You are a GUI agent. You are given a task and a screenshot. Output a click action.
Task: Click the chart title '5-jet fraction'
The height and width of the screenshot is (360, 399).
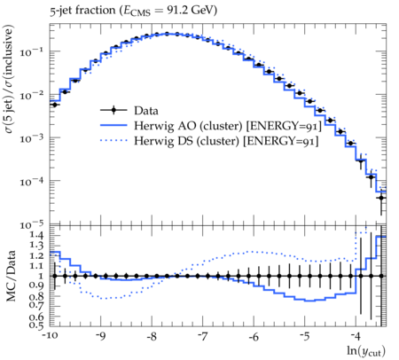pyautogui.click(x=82, y=11)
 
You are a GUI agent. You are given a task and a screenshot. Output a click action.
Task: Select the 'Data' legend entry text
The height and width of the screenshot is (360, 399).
pyautogui.click(x=146, y=111)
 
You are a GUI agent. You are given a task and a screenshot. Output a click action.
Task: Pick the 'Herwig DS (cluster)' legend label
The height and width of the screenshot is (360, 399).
pyautogui.click(x=186, y=141)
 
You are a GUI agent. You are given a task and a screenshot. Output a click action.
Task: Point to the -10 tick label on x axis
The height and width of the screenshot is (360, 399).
pyautogui.click(x=50, y=337)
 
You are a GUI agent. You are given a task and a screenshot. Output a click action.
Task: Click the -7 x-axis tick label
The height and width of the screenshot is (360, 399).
pyautogui.click(x=203, y=337)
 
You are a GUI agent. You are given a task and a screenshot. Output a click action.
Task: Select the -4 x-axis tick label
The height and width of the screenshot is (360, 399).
pyautogui.click(x=356, y=337)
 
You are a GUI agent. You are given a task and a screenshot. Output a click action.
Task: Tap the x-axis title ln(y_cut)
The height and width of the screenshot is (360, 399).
pyautogui.click(x=366, y=351)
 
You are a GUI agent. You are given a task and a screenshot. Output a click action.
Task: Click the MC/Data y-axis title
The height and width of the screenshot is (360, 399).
pyautogui.click(x=11, y=276)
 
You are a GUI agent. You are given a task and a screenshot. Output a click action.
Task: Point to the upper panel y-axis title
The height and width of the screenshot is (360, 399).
pyautogui.click(x=9, y=79)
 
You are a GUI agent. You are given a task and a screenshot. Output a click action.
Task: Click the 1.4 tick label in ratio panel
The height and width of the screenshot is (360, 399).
pyautogui.click(x=36, y=236)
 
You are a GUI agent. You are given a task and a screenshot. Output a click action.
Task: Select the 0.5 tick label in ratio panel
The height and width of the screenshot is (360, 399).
pyautogui.click(x=36, y=325)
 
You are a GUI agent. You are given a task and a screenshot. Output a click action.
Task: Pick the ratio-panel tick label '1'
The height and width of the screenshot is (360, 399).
pyautogui.click(x=40, y=276)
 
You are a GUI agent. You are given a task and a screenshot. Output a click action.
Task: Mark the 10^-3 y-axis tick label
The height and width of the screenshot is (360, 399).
pyautogui.click(x=32, y=137)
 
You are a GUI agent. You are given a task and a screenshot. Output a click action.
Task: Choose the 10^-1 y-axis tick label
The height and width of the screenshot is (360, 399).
pyautogui.click(x=32, y=51)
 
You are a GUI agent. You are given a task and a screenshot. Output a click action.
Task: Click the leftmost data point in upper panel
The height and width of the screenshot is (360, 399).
pyautogui.click(x=55, y=105)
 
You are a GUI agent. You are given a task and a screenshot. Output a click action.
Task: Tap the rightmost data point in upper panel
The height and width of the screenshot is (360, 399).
pyautogui.click(x=381, y=198)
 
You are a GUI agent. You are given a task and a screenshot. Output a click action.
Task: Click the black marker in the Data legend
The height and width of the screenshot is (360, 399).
pyautogui.click(x=113, y=111)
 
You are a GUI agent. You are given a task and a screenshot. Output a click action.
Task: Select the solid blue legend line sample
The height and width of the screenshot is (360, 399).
pyautogui.click(x=113, y=126)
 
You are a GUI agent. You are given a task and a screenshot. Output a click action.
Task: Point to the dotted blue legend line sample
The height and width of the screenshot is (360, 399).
pyautogui.click(x=113, y=141)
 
